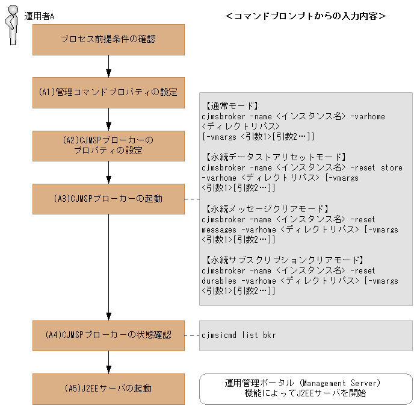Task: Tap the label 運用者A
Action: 39,16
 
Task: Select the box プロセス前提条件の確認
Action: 108,40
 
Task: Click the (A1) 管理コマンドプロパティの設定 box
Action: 108,92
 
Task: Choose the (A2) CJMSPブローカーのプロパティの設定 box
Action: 108,145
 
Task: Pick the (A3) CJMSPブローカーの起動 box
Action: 108,198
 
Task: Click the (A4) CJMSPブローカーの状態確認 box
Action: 108,335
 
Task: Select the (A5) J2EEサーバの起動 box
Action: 108,389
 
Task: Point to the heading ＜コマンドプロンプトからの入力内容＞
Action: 305,16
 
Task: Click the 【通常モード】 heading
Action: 232,105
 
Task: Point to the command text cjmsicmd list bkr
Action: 239,335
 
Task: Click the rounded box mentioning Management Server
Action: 305,389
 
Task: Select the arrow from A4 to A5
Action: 108,361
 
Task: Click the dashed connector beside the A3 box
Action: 192,198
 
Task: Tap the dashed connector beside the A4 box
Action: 192,335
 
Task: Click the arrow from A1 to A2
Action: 108,119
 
